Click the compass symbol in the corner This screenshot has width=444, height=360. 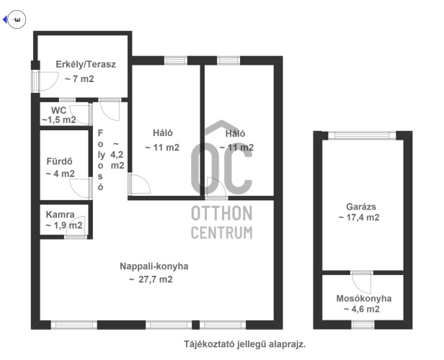pos(17,19)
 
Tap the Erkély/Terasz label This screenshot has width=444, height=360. pos(86,65)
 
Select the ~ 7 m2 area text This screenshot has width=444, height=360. pos(79,79)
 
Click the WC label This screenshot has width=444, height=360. pos(58,110)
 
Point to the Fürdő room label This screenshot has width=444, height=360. pos(59,161)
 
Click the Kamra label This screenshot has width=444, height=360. pos(60,215)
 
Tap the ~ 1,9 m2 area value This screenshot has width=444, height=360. pos(64,225)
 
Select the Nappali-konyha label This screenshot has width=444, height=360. pos(154,266)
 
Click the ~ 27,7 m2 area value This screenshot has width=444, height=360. pos(151,279)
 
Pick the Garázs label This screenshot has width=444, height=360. pos(361,207)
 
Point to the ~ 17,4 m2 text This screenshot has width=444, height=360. pos(359,217)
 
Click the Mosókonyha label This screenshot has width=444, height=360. pos(364,299)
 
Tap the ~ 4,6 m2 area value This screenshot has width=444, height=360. pos(362,309)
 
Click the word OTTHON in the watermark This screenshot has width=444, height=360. pos(222,213)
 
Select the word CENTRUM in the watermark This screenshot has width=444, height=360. pos(222,233)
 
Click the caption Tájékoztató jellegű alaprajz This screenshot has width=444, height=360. pos(244,344)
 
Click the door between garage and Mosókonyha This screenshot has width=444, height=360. pos(362,282)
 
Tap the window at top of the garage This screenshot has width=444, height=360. pos(362,135)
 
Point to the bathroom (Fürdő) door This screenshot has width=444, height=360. pos(81,189)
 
